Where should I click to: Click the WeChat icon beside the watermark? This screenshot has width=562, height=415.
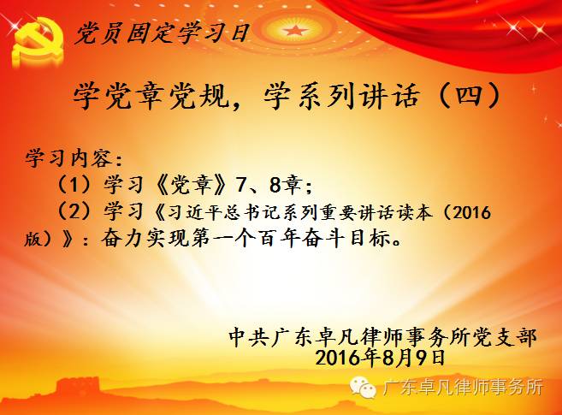(x=363, y=387)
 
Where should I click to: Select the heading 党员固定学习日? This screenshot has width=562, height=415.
(x=162, y=33)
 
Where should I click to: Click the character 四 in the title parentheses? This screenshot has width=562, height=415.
(x=469, y=95)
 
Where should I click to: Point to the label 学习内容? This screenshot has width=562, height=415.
(x=69, y=157)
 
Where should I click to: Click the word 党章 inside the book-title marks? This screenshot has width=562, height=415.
(x=190, y=186)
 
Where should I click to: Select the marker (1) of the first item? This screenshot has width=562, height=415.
(x=74, y=186)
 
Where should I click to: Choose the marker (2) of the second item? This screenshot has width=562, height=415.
(x=74, y=211)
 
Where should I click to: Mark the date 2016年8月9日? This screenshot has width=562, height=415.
(x=381, y=358)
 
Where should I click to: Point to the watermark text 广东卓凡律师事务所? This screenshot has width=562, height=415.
(x=463, y=388)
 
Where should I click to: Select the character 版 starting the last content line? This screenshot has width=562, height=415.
(x=33, y=239)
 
